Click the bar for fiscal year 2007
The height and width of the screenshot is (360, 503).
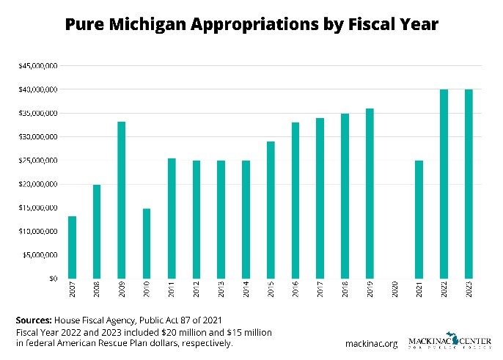(72, 247)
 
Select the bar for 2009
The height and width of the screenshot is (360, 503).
(121, 199)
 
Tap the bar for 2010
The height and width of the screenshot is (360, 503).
(146, 243)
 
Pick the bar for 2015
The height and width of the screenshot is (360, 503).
(270, 210)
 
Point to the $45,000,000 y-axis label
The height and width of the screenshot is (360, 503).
(38, 66)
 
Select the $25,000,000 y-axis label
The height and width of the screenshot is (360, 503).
(38, 161)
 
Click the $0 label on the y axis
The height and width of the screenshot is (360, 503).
(53, 279)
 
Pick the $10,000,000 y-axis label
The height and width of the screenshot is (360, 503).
(38, 232)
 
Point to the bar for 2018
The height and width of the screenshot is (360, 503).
(344, 196)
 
